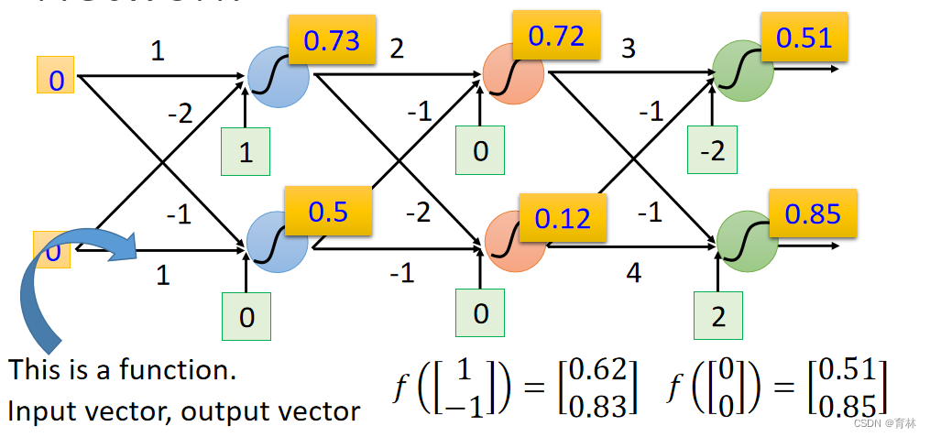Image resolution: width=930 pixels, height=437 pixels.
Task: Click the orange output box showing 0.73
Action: pyautogui.click(x=332, y=40)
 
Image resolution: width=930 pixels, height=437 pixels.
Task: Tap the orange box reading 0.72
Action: pyautogui.click(x=556, y=37)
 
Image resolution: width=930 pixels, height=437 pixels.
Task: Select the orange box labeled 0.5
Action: pyautogui.click(x=328, y=212)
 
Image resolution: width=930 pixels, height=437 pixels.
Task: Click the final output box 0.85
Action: pyautogui.click(x=812, y=213)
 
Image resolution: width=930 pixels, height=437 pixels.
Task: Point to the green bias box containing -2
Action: pyautogui.click(x=712, y=150)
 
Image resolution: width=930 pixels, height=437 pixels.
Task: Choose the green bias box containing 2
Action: pyautogui.click(x=717, y=317)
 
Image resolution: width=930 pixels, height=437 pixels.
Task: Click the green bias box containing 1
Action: pyautogui.click(x=246, y=151)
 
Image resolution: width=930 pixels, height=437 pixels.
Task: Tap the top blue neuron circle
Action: pyautogui.click(x=275, y=76)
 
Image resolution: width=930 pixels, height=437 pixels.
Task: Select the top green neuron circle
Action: pyautogui.click(x=743, y=71)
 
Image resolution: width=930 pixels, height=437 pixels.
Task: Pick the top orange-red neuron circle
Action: pyautogui.click(x=511, y=71)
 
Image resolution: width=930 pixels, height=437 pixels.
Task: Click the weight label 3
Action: pyautogui.click(x=628, y=49)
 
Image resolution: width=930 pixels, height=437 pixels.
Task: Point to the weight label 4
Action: pyautogui.click(x=633, y=272)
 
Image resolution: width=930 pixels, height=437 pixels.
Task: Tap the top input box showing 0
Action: pyautogui.click(x=56, y=80)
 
